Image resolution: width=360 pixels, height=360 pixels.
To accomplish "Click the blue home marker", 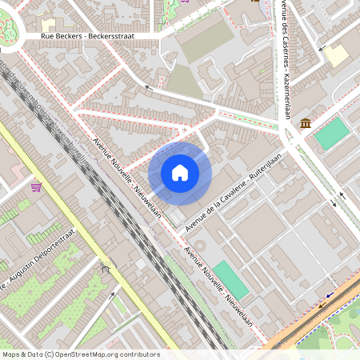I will point(180,173).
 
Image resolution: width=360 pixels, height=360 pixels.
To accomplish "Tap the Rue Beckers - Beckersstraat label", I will point(88,37).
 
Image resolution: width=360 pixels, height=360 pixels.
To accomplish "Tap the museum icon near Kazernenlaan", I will point(306,122).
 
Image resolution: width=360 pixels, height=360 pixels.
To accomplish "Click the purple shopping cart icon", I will point(36,187).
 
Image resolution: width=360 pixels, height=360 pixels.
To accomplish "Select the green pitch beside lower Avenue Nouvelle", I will point(230,279).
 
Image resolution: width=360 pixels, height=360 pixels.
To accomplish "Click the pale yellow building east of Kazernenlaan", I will point(336,55).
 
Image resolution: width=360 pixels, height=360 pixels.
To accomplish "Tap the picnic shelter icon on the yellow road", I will point(103,270).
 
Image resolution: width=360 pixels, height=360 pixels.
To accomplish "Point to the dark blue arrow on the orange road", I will point(326,294).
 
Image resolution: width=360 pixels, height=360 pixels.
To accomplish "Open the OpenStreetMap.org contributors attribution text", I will point(80,354).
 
